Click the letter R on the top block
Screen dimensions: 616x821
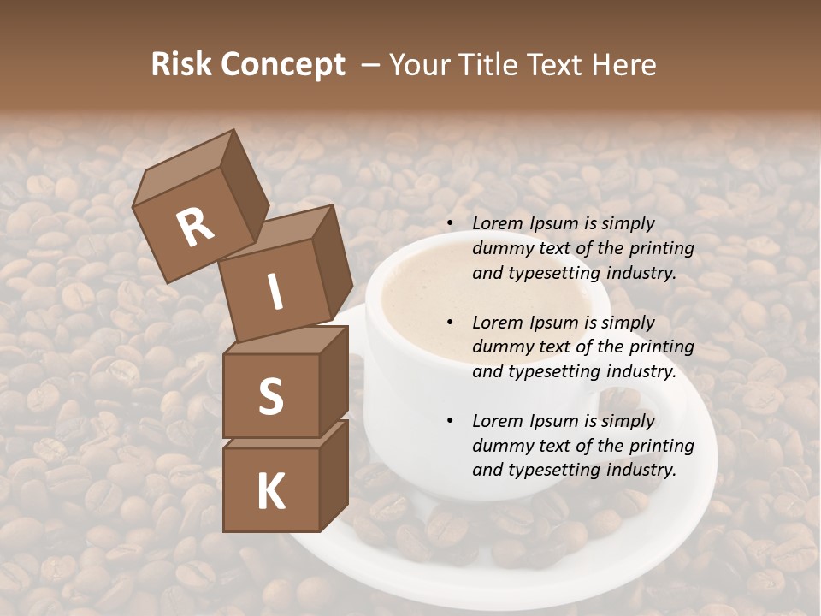pyautogui.click(x=196, y=227)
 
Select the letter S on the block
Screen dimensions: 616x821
pyautogui.click(x=270, y=396)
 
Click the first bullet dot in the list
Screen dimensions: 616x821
pyautogui.click(x=451, y=224)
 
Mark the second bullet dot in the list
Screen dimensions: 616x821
pyautogui.click(x=451, y=323)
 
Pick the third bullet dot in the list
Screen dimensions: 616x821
pyautogui.click(x=451, y=421)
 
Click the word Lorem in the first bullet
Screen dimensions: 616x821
pyautogui.click(x=496, y=224)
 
